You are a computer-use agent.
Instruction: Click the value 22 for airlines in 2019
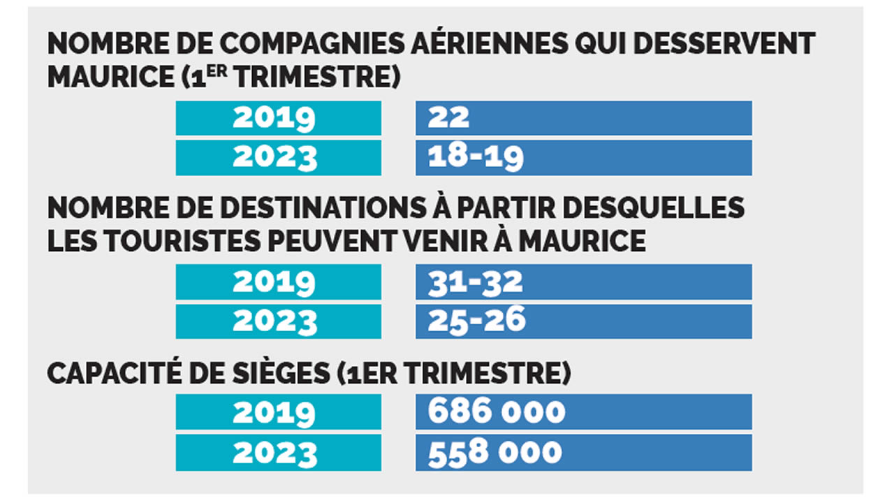coord(449,118)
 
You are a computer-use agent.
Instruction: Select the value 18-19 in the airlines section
coord(476,158)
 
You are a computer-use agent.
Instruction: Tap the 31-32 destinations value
coord(476,282)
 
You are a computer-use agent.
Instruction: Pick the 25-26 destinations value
coord(477,321)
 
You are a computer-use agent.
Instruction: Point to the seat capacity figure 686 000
coord(497,411)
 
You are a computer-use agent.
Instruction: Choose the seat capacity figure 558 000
coord(495,452)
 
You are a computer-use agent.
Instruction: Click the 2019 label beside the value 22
coord(274,118)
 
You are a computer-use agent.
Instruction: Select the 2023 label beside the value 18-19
coord(275,158)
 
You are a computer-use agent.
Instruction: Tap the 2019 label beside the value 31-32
coord(274,282)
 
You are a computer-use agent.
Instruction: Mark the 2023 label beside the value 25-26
coord(275,321)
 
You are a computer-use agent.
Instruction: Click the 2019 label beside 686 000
coord(274,412)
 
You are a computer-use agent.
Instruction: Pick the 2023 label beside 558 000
coord(275,453)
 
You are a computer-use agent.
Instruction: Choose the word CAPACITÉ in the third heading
coord(116,374)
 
